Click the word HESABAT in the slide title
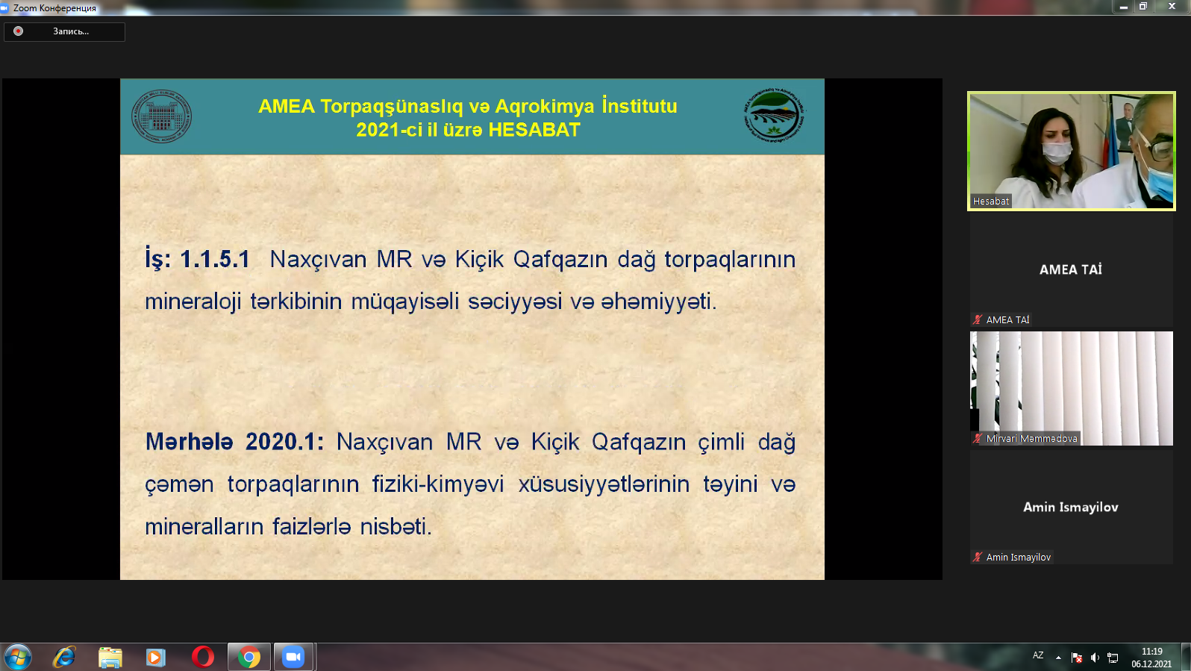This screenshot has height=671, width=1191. pyautogui.click(x=534, y=130)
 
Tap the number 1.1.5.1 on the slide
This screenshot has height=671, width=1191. pyautogui.click(x=215, y=259)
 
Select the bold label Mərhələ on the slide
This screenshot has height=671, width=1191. pyautogui.click(x=190, y=442)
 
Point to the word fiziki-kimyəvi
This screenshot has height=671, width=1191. pyautogui.click(x=438, y=484)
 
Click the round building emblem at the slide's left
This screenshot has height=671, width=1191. pyautogui.click(x=161, y=116)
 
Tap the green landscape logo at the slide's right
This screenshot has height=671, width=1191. pyautogui.click(x=774, y=115)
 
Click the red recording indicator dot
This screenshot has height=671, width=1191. pyautogui.click(x=19, y=31)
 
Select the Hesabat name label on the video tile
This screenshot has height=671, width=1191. pyautogui.click(x=990, y=202)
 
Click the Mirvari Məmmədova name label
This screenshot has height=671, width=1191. pyautogui.click(x=1031, y=439)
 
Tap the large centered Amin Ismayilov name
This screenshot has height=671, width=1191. pyautogui.click(x=1070, y=508)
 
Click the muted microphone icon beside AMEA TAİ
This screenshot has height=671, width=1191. pyautogui.click(x=978, y=319)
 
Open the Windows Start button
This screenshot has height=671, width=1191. pyautogui.click(x=17, y=658)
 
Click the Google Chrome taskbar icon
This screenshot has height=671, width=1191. pyautogui.click(x=249, y=658)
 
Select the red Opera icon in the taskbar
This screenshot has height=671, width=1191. pyautogui.click(x=202, y=658)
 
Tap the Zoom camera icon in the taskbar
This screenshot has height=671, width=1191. pyautogui.click(x=293, y=658)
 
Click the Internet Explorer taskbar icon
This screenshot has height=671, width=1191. pyautogui.click(x=64, y=658)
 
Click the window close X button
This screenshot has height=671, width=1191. pyautogui.click(x=1172, y=6)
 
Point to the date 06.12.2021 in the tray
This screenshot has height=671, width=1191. pyautogui.click(x=1151, y=664)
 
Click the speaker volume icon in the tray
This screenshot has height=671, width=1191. pyautogui.click(x=1095, y=658)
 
